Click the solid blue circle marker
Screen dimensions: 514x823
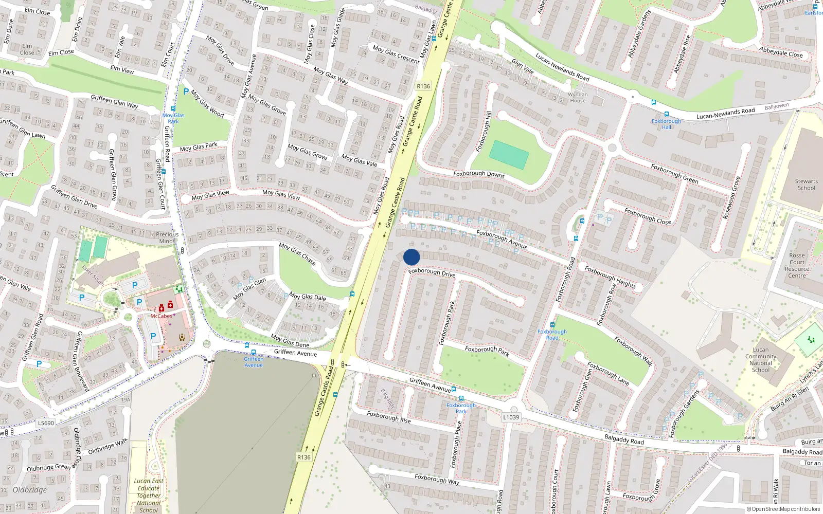411,257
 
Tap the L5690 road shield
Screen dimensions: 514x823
46,423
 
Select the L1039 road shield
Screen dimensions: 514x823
511,417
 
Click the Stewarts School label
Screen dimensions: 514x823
806,185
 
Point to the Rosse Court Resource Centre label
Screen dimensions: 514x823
797,265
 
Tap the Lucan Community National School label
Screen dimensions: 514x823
760,360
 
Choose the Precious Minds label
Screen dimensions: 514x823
167,237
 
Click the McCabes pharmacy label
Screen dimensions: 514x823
162,316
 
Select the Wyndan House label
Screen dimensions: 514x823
578,98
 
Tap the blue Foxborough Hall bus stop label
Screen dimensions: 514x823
666,124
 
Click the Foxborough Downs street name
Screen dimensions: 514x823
479,174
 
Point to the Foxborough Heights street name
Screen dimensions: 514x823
610,277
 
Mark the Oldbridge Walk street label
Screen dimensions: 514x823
108,447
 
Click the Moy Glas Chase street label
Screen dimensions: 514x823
297,253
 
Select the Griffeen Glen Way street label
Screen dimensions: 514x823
114,101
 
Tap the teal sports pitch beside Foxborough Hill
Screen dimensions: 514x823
509,155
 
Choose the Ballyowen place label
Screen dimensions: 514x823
776,106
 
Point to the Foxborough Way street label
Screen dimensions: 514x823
437,479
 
